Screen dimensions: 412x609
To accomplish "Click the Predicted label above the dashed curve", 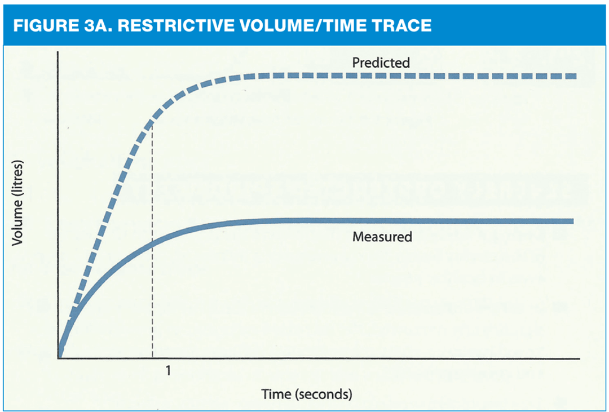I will [381, 63].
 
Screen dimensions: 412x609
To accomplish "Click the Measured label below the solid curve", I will [382, 237].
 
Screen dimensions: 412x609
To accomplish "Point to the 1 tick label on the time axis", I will [167, 371].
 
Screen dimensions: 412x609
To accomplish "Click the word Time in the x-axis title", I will [276, 394].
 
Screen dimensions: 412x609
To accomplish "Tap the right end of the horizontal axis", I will [579, 358].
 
